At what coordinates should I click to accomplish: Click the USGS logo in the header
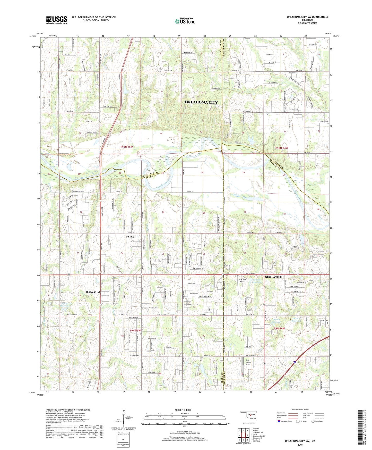(x=57, y=20)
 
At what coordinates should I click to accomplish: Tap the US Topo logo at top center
(x=185, y=21)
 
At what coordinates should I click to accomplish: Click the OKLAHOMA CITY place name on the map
(x=201, y=102)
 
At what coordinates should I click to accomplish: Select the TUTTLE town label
(x=129, y=237)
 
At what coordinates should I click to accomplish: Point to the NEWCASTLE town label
(x=273, y=277)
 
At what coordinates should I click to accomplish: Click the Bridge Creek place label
(x=93, y=292)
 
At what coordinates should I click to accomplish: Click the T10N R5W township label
(x=127, y=147)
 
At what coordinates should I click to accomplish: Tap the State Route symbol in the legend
(x=313, y=421)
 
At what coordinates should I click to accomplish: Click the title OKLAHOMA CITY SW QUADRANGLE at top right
(x=307, y=17)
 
